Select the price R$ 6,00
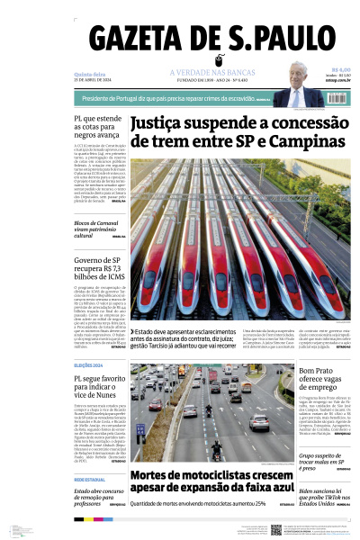click(x=340, y=69)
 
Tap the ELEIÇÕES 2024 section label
click(x=88, y=365)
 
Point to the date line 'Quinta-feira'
click(x=88, y=75)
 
